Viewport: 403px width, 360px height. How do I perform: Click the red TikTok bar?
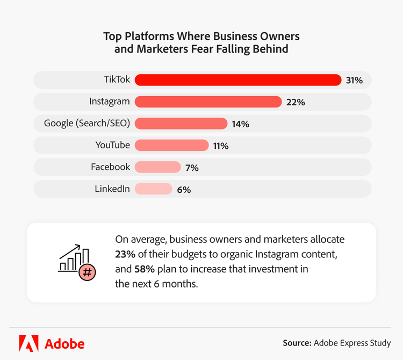click(238, 80)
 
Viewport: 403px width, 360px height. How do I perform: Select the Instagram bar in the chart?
click(208, 102)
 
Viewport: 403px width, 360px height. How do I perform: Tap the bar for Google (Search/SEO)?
click(181, 124)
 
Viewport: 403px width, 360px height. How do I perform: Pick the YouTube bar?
click(171, 145)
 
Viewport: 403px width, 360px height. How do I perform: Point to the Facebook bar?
click(157, 167)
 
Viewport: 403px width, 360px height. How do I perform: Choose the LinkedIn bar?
click(153, 189)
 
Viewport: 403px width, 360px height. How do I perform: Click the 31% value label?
click(355, 81)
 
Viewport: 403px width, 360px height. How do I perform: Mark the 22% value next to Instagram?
click(296, 102)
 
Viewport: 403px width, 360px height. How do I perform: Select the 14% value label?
click(241, 124)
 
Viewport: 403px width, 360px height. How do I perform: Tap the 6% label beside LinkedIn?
click(184, 189)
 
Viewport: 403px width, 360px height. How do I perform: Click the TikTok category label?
click(117, 80)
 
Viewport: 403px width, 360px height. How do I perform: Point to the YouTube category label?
click(113, 145)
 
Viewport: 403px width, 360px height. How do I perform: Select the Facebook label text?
click(110, 167)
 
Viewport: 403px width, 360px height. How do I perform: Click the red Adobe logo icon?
click(28, 343)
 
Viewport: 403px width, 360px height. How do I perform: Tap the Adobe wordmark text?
click(64, 343)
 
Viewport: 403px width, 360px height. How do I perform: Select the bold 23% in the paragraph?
click(125, 253)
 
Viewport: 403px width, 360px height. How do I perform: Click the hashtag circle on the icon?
click(86, 272)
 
